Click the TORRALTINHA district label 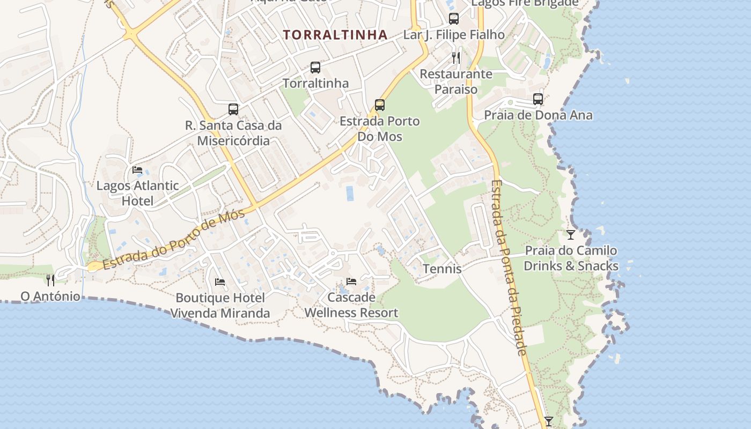tap(335, 35)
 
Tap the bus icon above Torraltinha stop tap(315, 68)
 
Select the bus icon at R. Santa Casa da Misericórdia tap(233, 109)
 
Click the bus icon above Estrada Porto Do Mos tap(380, 105)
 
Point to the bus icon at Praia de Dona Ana tap(538, 99)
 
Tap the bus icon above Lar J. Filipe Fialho tap(454, 19)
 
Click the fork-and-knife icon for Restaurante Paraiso tap(456, 57)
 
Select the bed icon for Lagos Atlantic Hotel tap(137, 170)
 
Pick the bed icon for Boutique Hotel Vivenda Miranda tap(220, 282)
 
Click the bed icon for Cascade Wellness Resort tap(351, 281)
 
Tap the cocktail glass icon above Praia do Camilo tap(571, 235)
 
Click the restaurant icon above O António tap(50, 280)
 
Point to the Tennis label tap(442, 269)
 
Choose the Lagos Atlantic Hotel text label tap(137, 193)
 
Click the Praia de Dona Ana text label tap(538, 115)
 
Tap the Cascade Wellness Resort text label tap(351, 305)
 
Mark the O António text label tap(50, 297)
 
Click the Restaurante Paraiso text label tap(456, 82)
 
